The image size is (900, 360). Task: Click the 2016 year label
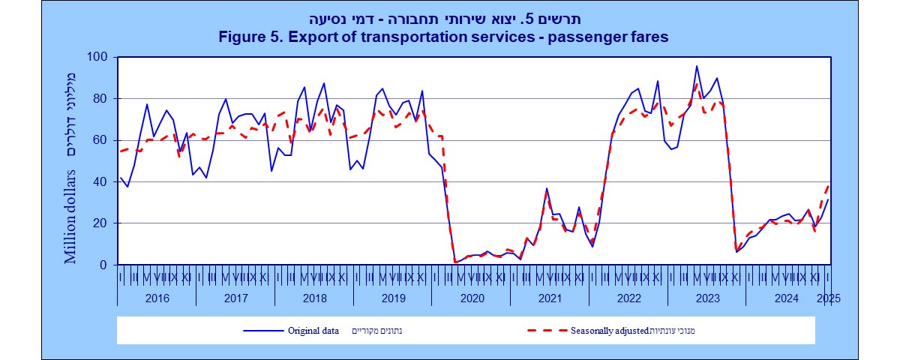point(157,298)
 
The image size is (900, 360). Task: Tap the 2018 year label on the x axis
point(313,298)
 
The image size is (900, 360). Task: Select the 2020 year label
point(471,298)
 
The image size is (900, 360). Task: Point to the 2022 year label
point(628,298)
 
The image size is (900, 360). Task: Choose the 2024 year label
point(785,298)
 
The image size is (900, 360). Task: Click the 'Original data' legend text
point(313,330)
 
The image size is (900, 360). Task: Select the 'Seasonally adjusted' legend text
point(608,330)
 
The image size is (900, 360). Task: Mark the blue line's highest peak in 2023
point(697,66)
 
